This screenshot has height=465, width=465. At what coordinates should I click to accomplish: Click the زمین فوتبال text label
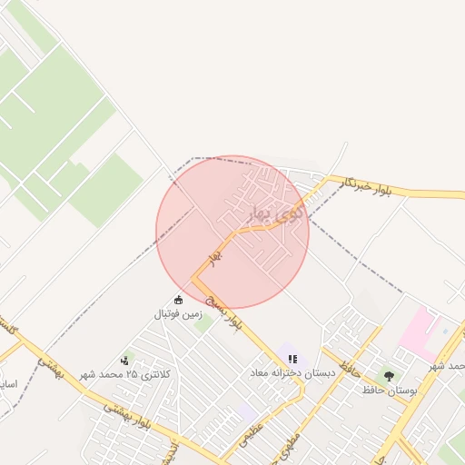point(176,315)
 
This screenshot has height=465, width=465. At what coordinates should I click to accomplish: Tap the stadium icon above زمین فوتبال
point(178,300)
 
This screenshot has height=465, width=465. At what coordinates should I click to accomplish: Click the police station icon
point(124,361)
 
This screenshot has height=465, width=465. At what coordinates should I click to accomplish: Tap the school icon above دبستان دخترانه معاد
point(292,359)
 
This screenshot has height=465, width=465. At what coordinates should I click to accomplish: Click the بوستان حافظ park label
point(390,391)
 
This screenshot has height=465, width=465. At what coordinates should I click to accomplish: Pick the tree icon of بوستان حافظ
point(390,376)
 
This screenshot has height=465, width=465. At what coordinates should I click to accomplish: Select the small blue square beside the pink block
point(445,331)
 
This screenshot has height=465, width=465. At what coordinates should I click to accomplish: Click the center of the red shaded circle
point(232,232)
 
